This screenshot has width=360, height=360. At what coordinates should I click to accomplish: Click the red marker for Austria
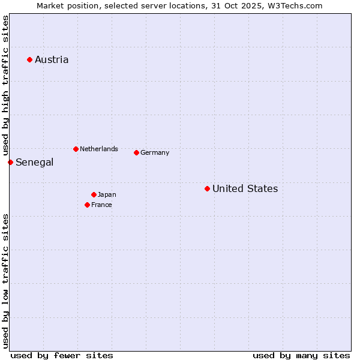[29, 59]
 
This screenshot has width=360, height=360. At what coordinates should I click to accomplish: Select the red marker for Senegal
[10, 162]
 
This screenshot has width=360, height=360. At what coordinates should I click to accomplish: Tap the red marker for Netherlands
[76, 149]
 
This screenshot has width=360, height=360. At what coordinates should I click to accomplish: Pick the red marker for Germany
[136, 152]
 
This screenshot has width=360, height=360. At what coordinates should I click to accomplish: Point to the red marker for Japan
[94, 194]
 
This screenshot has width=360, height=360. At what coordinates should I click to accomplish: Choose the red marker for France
[87, 205]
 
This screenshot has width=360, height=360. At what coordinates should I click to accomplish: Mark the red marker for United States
[207, 188]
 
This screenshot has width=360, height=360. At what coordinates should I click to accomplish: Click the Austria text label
[52, 59]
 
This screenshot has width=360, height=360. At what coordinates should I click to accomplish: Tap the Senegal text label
[34, 162]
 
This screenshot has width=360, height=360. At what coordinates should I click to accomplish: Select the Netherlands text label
[99, 149]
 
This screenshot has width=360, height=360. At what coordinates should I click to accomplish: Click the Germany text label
[155, 152]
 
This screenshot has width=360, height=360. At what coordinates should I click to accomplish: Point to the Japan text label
[107, 194]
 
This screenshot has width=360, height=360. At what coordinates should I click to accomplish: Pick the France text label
[101, 205]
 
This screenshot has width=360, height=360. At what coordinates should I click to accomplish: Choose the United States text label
[245, 188]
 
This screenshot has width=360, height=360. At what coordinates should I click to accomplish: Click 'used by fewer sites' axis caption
[62, 355]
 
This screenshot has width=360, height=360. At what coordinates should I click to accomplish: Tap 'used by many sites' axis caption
[301, 355]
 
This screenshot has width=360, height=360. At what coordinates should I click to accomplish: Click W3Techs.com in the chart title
[295, 5]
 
